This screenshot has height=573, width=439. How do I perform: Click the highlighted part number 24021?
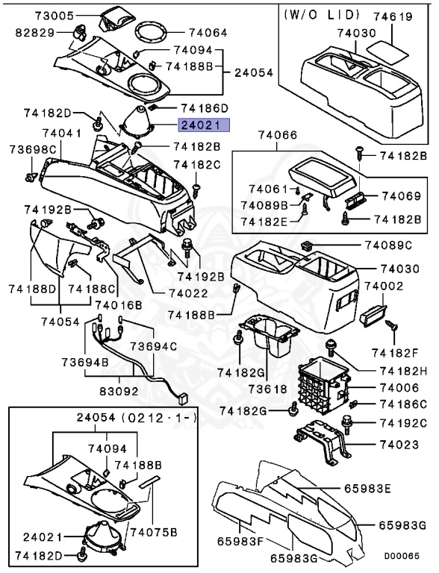pos(203,126)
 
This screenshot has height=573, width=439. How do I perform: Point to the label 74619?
pos(393,14)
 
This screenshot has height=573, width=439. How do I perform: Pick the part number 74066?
pos(278,136)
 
